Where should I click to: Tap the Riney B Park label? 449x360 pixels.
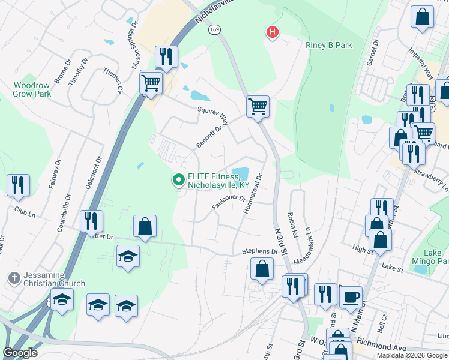coord(328,45)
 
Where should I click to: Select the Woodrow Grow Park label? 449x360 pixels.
coord(32,89)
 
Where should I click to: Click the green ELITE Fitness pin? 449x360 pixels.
coord(178,179)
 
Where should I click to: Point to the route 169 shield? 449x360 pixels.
coord(214,29)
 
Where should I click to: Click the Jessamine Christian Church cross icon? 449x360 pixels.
coord(13,278)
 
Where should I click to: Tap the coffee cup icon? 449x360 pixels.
coord(351,296)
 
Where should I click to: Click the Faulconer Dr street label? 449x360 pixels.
coord(229,202)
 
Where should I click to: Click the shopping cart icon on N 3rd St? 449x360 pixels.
coord(258,107)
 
